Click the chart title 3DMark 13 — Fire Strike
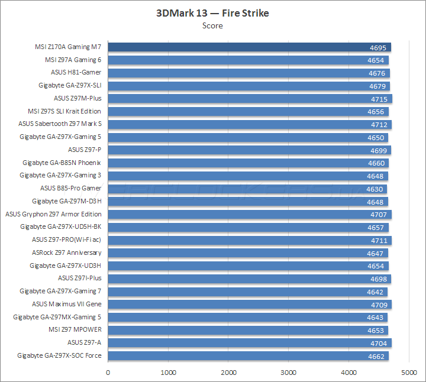[212, 13]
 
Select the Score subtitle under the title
[212, 25]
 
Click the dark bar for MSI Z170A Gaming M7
[237, 47]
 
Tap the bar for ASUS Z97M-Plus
[237, 99]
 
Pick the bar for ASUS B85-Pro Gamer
[237, 189]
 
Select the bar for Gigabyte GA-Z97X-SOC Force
[237, 356]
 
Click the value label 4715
[379, 99]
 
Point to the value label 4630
[375, 189]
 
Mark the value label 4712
[379, 124]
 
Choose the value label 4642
[376, 292]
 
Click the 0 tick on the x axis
[108, 373]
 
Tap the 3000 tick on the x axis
[288, 373]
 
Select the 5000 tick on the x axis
[409, 373]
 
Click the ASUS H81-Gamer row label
[76, 73]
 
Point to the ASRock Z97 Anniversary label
[66, 253]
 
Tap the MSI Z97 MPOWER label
[75, 330]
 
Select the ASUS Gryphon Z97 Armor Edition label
[53, 214]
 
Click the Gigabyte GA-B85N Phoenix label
[62, 163]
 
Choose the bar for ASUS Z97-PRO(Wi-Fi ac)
[237, 240]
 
